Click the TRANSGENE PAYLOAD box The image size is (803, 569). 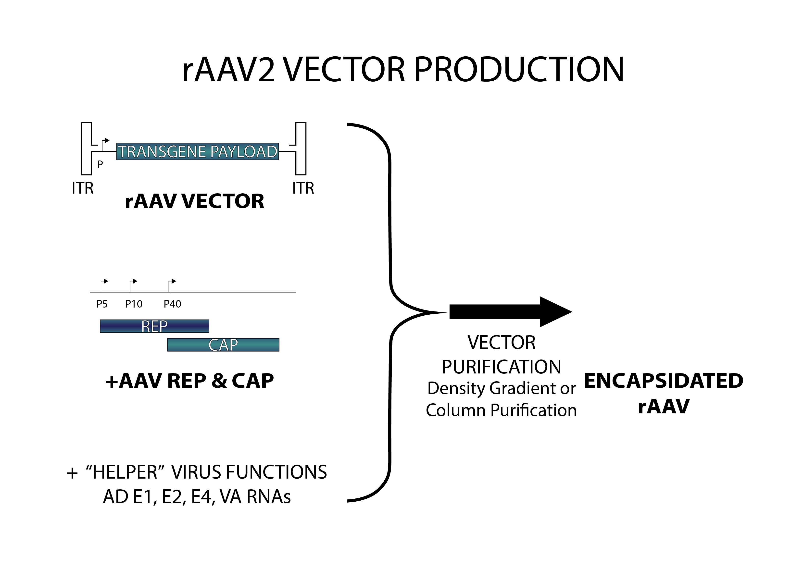197,151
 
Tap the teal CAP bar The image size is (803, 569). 223,345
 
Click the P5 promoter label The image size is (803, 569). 102,304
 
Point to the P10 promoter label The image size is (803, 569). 134,304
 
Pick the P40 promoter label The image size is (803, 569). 172,304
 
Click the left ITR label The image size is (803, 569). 82,188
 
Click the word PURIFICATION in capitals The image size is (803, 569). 501,367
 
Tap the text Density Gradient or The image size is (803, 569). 501,388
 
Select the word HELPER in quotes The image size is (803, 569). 125,472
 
